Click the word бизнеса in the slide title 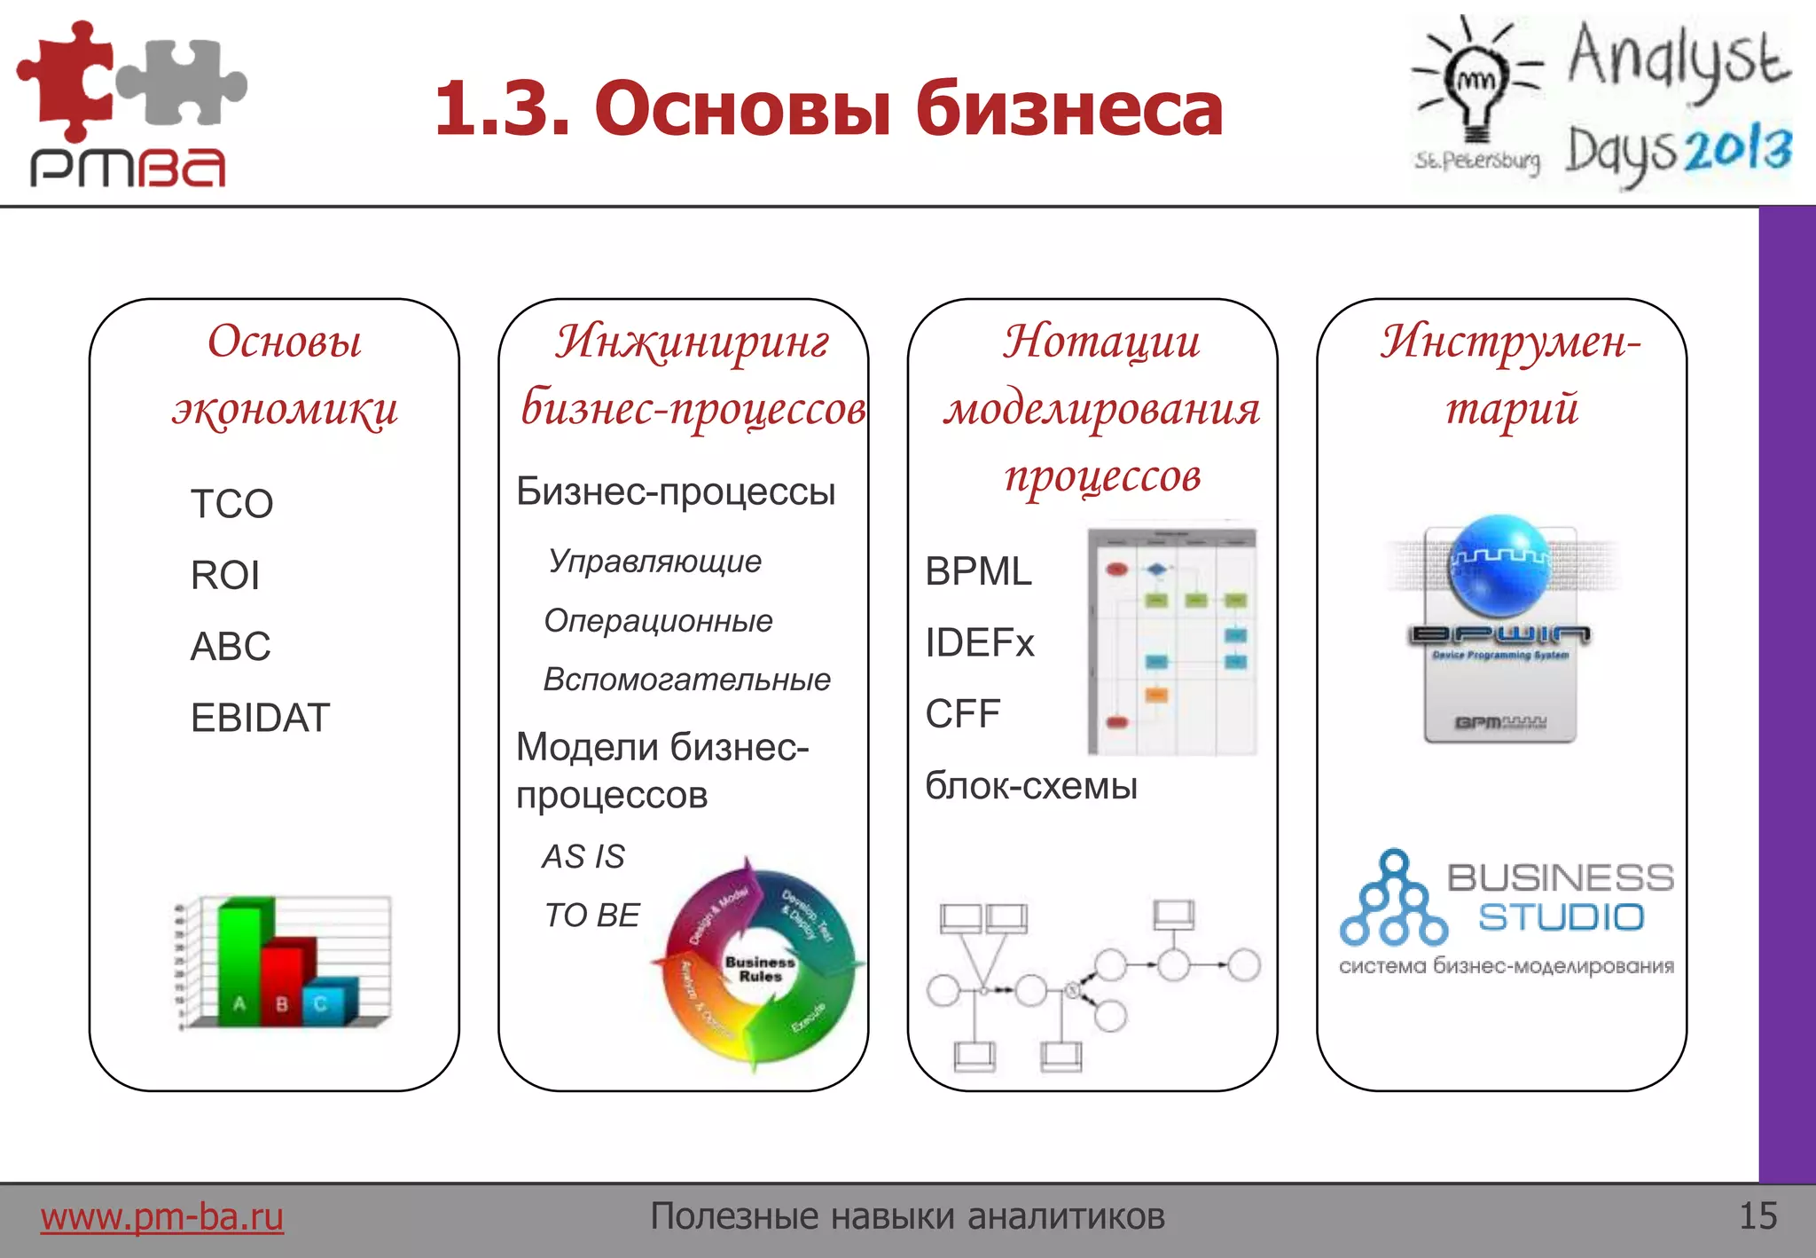pyautogui.click(x=1068, y=108)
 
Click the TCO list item pyautogui.click(x=231, y=504)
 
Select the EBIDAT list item pyautogui.click(x=260, y=718)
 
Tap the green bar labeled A pyautogui.click(x=239, y=967)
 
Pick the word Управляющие pyautogui.click(x=654, y=562)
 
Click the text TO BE pyautogui.click(x=591, y=915)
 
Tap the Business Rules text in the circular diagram pyautogui.click(x=760, y=969)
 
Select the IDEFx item pyautogui.click(x=979, y=642)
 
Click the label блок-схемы pyautogui.click(x=1030, y=786)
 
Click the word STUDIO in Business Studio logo pyautogui.click(x=1561, y=917)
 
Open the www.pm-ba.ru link pyautogui.click(x=161, y=1216)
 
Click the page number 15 pyautogui.click(x=1757, y=1216)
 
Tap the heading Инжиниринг pyautogui.click(x=692, y=342)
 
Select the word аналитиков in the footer pyautogui.click(x=1065, y=1216)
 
